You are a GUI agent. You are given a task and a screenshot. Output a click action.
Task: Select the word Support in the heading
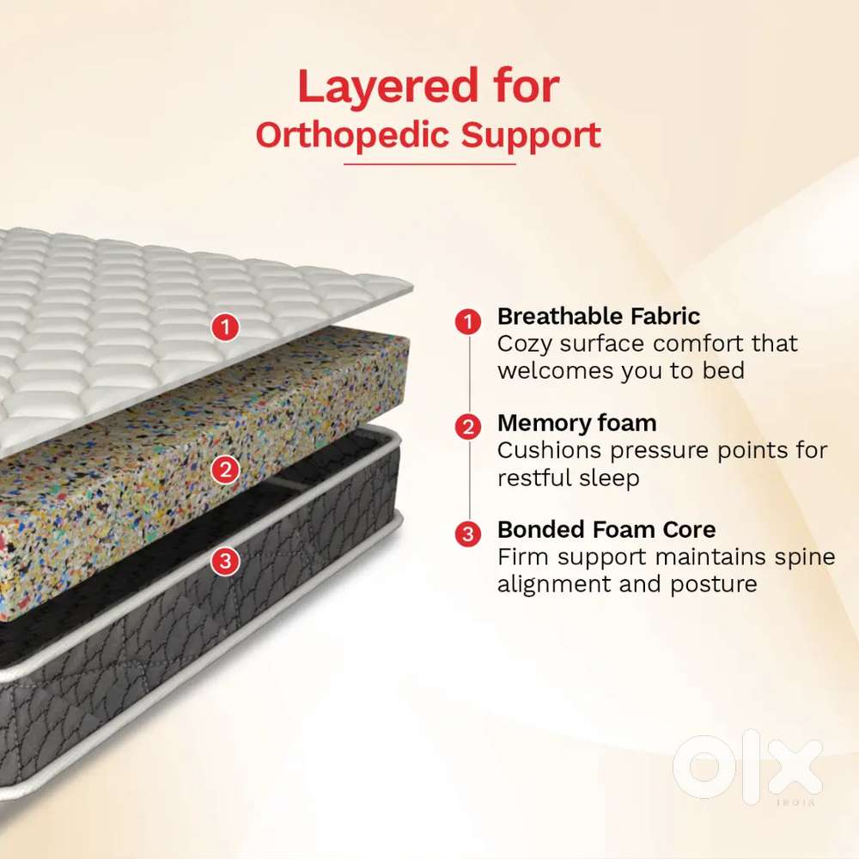(530, 137)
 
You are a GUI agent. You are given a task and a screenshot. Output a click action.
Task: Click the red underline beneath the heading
(429, 164)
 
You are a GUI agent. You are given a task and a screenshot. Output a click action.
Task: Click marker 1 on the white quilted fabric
(225, 327)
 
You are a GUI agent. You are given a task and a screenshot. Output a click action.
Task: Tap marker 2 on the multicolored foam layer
(225, 470)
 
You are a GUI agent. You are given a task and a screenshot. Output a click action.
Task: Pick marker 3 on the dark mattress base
(225, 561)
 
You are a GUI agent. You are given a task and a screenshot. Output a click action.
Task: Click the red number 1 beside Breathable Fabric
(468, 321)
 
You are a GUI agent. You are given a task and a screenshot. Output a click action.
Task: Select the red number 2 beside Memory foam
(468, 427)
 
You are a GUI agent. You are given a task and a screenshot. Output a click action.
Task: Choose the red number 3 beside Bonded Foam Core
(468, 533)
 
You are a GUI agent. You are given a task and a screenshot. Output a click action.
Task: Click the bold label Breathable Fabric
(598, 317)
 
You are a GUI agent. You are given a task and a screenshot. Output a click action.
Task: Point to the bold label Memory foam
(577, 423)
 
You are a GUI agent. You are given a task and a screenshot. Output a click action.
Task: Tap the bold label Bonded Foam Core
(606, 530)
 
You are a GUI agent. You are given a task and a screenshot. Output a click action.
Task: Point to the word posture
(713, 585)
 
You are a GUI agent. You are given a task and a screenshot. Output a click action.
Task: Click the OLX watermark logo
(747, 767)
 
